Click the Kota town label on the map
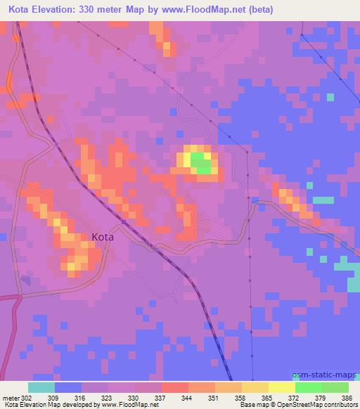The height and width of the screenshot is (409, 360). [x=103, y=238]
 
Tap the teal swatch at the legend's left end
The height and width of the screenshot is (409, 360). [x=41, y=387]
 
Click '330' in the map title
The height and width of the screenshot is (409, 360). [x=102, y=9]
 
